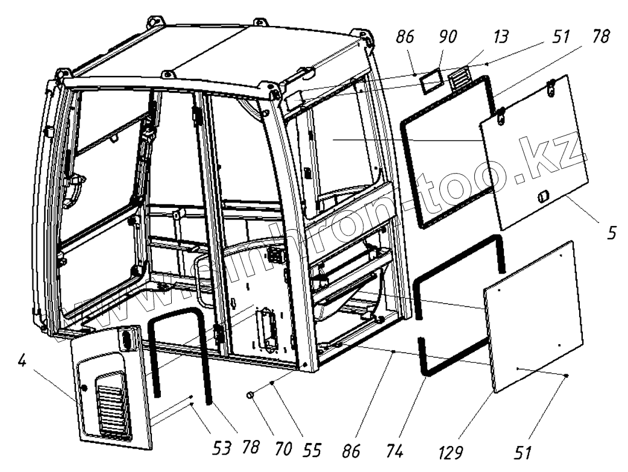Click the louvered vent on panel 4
click(113, 404)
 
